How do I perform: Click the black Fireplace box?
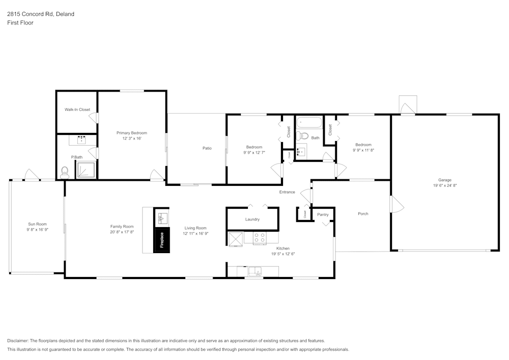pyautogui.click(x=162, y=239)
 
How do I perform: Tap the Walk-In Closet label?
pyautogui.click(x=77, y=109)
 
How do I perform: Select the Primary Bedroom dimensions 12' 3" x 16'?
pyautogui.click(x=131, y=139)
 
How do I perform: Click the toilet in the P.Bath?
pyautogui.click(x=65, y=172)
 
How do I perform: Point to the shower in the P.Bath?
pyautogui.click(x=86, y=170)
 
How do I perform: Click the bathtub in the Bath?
pyautogui.click(x=309, y=123)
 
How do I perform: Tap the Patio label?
pyautogui.click(x=207, y=148)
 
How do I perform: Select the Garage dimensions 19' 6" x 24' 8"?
pyautogui.click(x=444, y=186)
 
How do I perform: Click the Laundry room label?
pyautogui.click(x=252, y=219)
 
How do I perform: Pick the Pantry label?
pyautogui.click(x=323, y=215)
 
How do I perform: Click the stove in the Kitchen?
pyautogui.click(x=259, y=237)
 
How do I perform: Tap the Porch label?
pyautogui.click(x=363, y=214)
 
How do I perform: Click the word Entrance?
pyautogui.click(x=287, y=192)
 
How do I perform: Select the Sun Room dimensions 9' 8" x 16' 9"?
pyautogui.click(x=38, y=230)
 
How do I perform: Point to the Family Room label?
pyautogui.click(x=122, y=227)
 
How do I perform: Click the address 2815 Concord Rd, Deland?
pyautogui.click(x=41, y=14)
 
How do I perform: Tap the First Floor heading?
pyautogui.click(x=20, y=23)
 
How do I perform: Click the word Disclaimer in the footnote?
pyautogui.click(x=18, y=341)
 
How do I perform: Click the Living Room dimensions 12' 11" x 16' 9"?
pyautogui.click(x=195, y=234)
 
